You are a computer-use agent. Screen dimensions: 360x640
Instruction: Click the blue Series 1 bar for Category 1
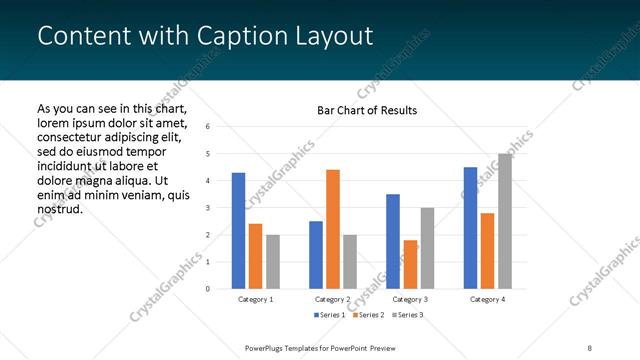click(238, 230)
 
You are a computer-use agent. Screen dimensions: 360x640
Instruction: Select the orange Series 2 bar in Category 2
click(333, 229)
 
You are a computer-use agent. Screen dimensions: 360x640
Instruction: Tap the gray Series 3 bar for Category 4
click(505, 221)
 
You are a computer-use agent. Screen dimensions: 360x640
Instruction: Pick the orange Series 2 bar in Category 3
click(410, 264)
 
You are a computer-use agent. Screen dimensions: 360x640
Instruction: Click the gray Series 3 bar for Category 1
click(273, 262)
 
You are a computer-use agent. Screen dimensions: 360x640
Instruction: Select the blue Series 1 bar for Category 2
click(316, 255)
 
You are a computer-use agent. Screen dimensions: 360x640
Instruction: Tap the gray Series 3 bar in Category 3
click(427, 248)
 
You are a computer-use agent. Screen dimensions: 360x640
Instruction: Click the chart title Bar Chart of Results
click(367, 110)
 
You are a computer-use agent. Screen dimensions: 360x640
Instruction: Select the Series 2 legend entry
click(367, 315)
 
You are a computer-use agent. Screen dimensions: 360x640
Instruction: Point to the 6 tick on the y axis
click(207, 127)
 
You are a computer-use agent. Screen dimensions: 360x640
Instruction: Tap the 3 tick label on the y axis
click(207, 208)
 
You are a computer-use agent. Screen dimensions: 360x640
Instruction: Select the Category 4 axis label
click(487, 299)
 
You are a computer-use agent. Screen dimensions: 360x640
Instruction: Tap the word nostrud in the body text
click(59, 209)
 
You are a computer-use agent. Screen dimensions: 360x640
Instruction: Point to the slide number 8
click(589, 347)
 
